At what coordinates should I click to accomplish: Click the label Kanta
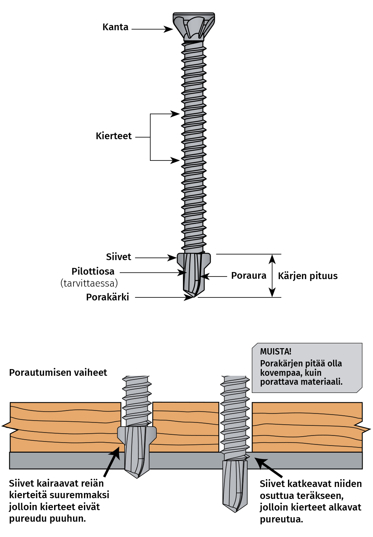pos(115,27)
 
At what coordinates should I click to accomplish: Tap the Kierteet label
pos(113,136)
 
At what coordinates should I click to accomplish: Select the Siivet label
pos(118,257)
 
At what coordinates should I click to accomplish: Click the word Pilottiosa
pos(93,271)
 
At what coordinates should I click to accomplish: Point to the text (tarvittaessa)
pos(89,283)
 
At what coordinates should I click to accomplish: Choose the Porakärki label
pos(107,297)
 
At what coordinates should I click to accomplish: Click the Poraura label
pos(248,276)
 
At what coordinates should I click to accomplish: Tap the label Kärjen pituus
pos(308,276)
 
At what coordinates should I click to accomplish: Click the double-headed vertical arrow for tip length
pos(273,276)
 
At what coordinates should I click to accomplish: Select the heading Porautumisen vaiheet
pos(58,372)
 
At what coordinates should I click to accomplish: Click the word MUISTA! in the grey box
pos(276,352)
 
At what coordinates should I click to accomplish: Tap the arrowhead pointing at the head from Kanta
pos(169,29)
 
